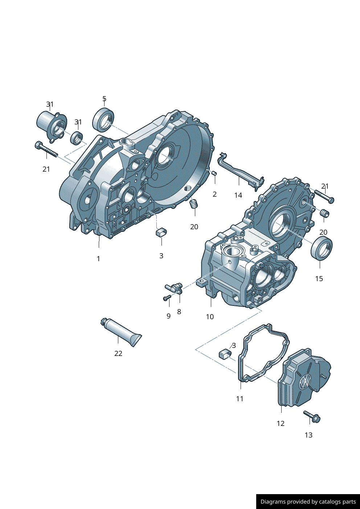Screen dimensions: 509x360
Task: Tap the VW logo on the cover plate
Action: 305,381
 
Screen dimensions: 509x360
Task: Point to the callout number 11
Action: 240,399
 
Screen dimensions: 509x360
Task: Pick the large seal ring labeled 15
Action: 322,248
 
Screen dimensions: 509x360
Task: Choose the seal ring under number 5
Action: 103,119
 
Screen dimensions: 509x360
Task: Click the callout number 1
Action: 98,259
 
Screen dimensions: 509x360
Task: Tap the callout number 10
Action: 210,317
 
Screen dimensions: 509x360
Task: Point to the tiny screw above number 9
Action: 167,298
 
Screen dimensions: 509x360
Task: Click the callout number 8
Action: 179,312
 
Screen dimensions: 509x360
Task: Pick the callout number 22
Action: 118,353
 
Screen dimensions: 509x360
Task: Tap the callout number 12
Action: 281,423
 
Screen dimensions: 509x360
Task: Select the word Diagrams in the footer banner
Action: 273,502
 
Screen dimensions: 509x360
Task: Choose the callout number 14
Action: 238,195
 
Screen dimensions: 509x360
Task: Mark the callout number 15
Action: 319,279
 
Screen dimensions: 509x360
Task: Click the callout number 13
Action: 308,435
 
